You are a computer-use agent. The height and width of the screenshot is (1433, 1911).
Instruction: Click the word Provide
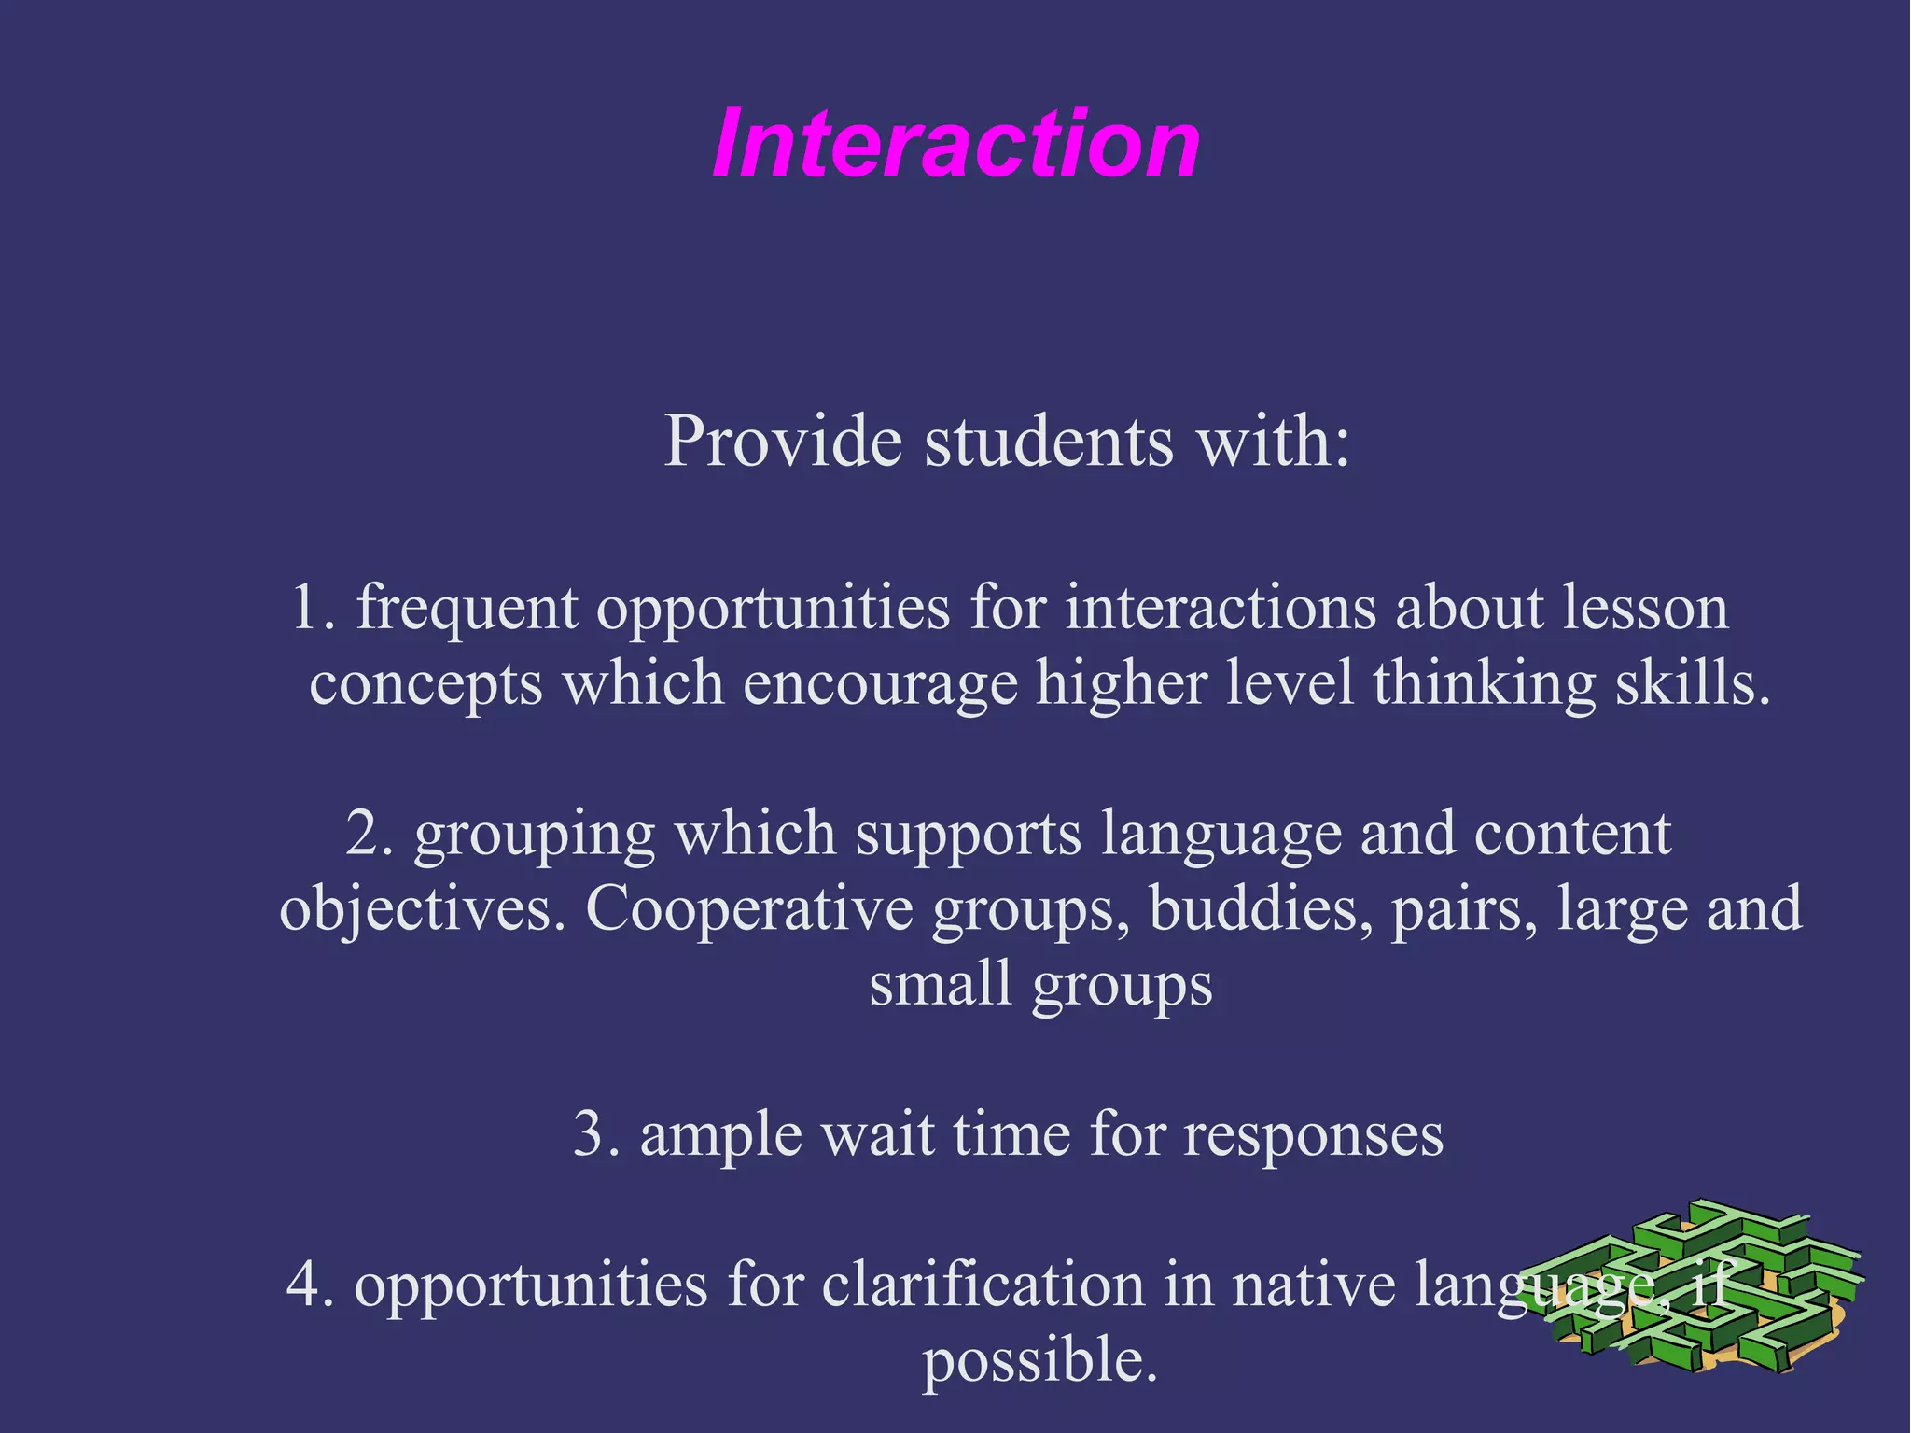782,441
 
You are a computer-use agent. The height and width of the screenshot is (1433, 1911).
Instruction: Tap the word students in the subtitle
1048,441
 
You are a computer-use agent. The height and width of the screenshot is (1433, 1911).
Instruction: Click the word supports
968,835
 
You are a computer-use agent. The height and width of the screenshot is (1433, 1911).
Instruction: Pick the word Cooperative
748,909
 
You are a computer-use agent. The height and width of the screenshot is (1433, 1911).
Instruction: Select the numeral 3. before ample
596,1135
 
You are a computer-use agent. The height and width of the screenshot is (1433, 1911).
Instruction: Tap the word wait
877,1135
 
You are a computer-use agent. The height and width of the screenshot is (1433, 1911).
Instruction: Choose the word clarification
983,1285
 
